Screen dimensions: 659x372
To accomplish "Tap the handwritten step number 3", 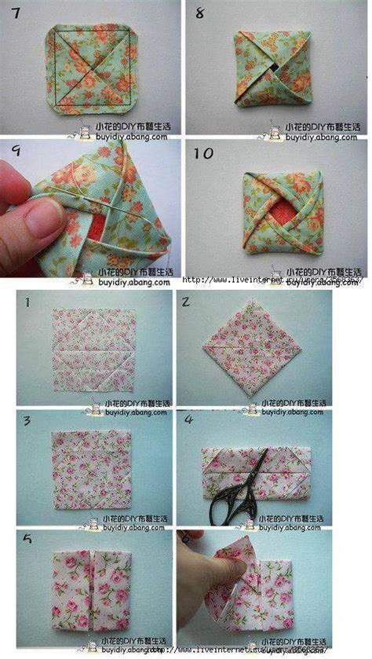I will click(x=26, y=420).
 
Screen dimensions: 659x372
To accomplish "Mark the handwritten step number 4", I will click(x=189, y=420).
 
